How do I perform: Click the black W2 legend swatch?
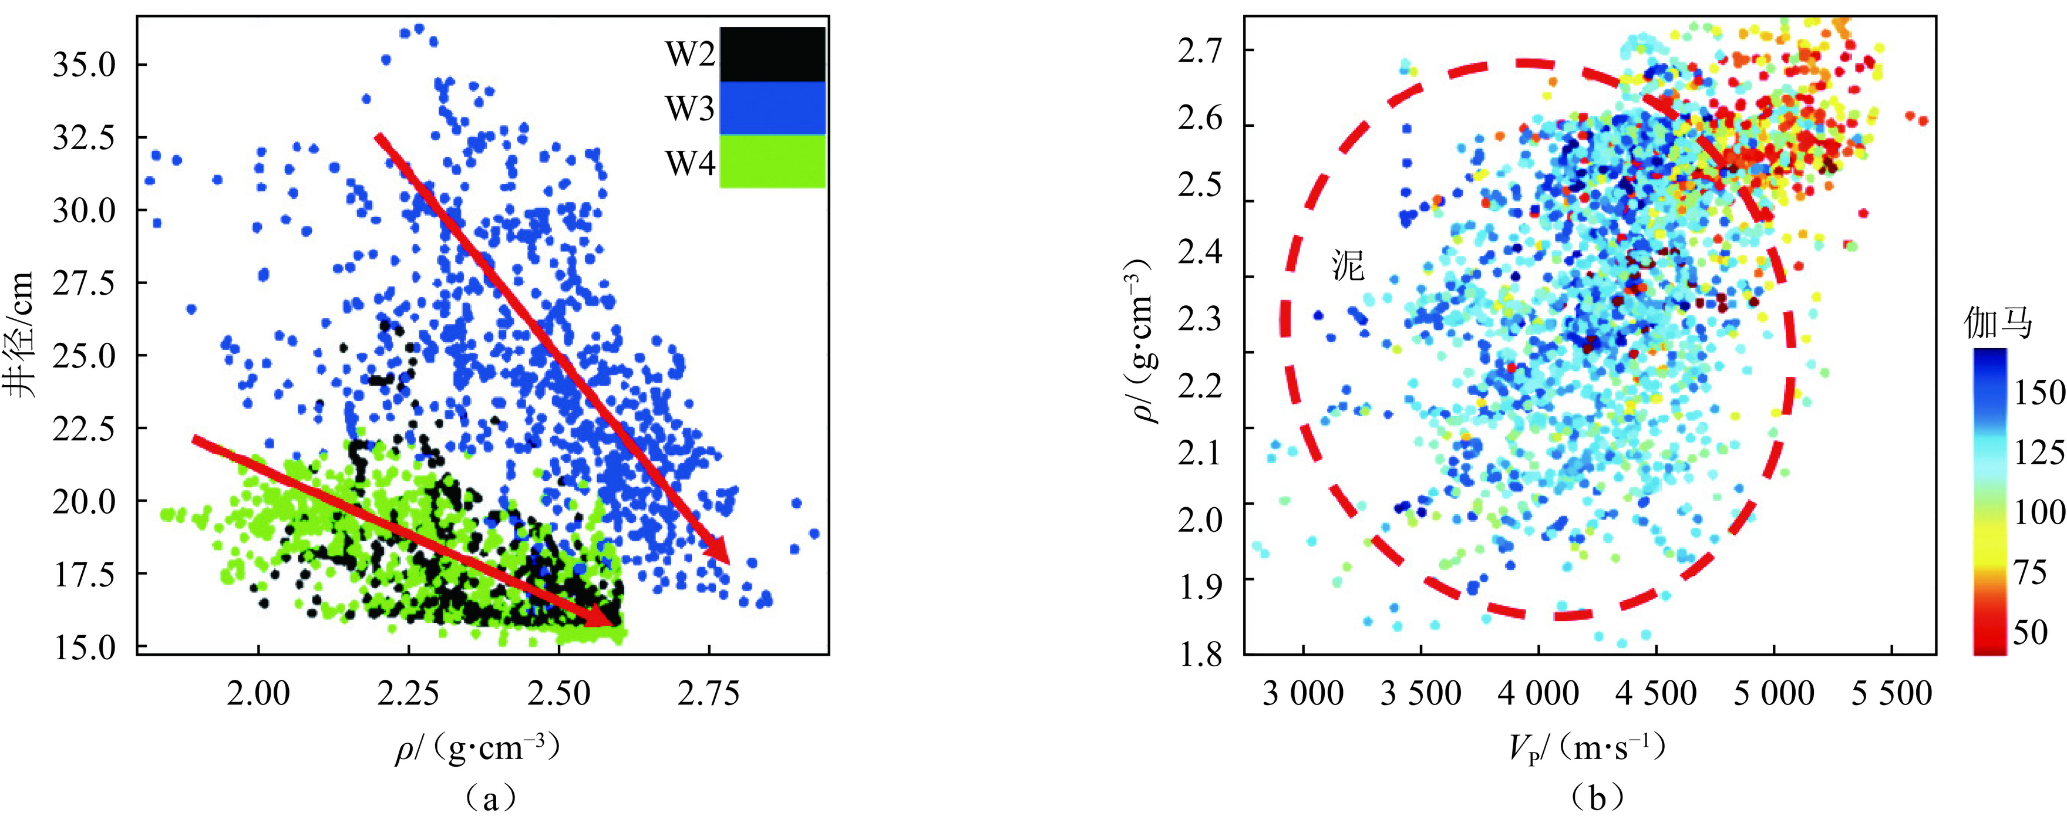(772, 54)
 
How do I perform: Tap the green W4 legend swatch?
(772, 161)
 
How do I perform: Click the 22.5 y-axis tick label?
(83, 429)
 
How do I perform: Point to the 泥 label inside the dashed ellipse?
(1348, 265)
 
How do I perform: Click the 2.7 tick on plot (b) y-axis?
(1200, 51)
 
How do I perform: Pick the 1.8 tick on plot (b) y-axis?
(1200, 654)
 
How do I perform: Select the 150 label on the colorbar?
(2039, 392)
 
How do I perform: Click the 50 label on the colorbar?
(2030, 632)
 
